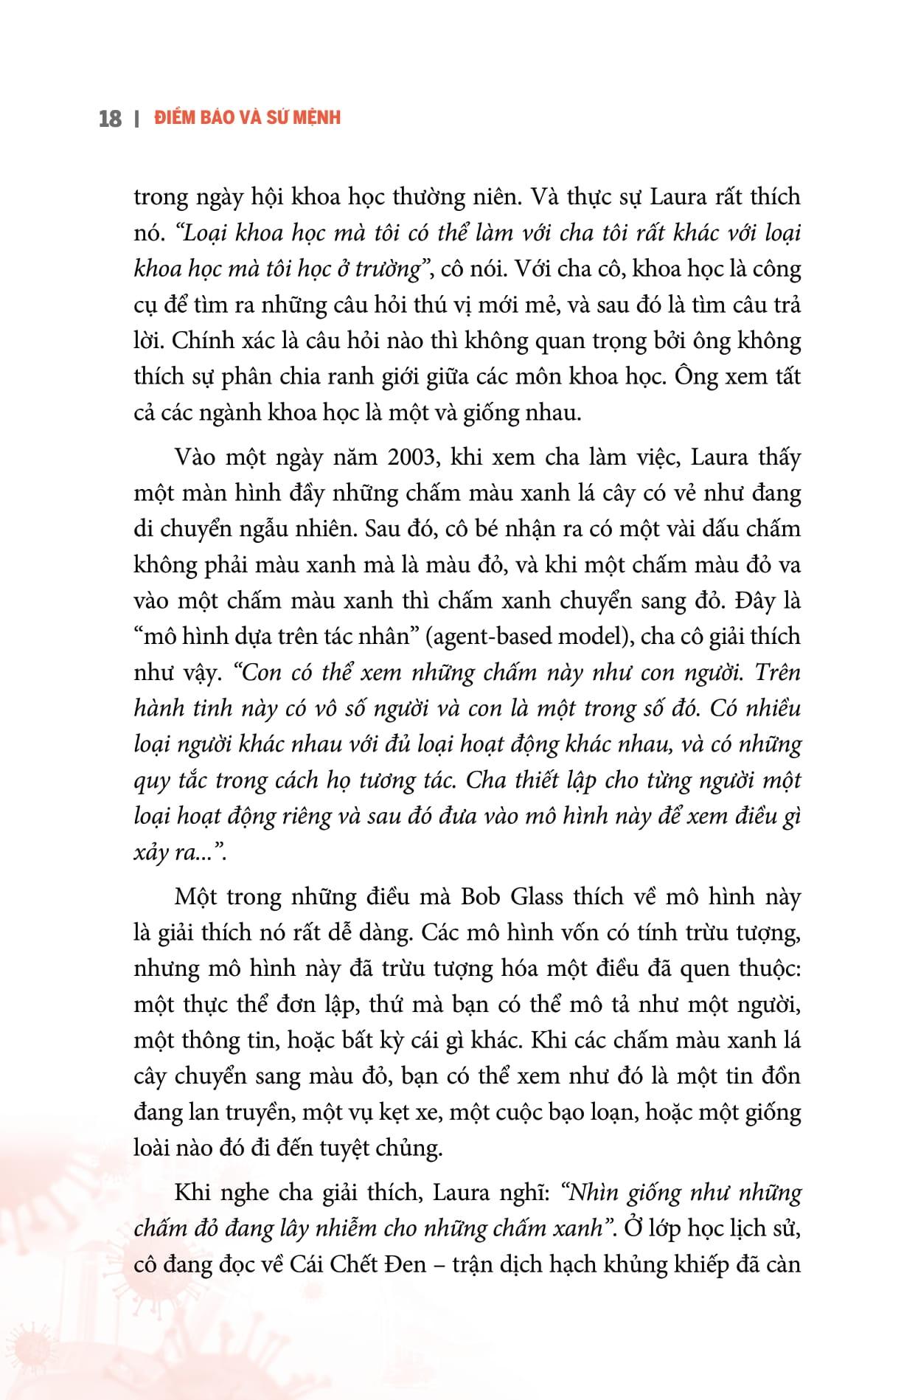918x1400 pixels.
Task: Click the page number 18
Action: [110, 118]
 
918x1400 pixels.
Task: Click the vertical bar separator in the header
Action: [137, 118]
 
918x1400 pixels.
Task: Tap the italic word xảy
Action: [150, 853]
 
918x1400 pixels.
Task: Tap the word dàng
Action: [381, 933]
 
